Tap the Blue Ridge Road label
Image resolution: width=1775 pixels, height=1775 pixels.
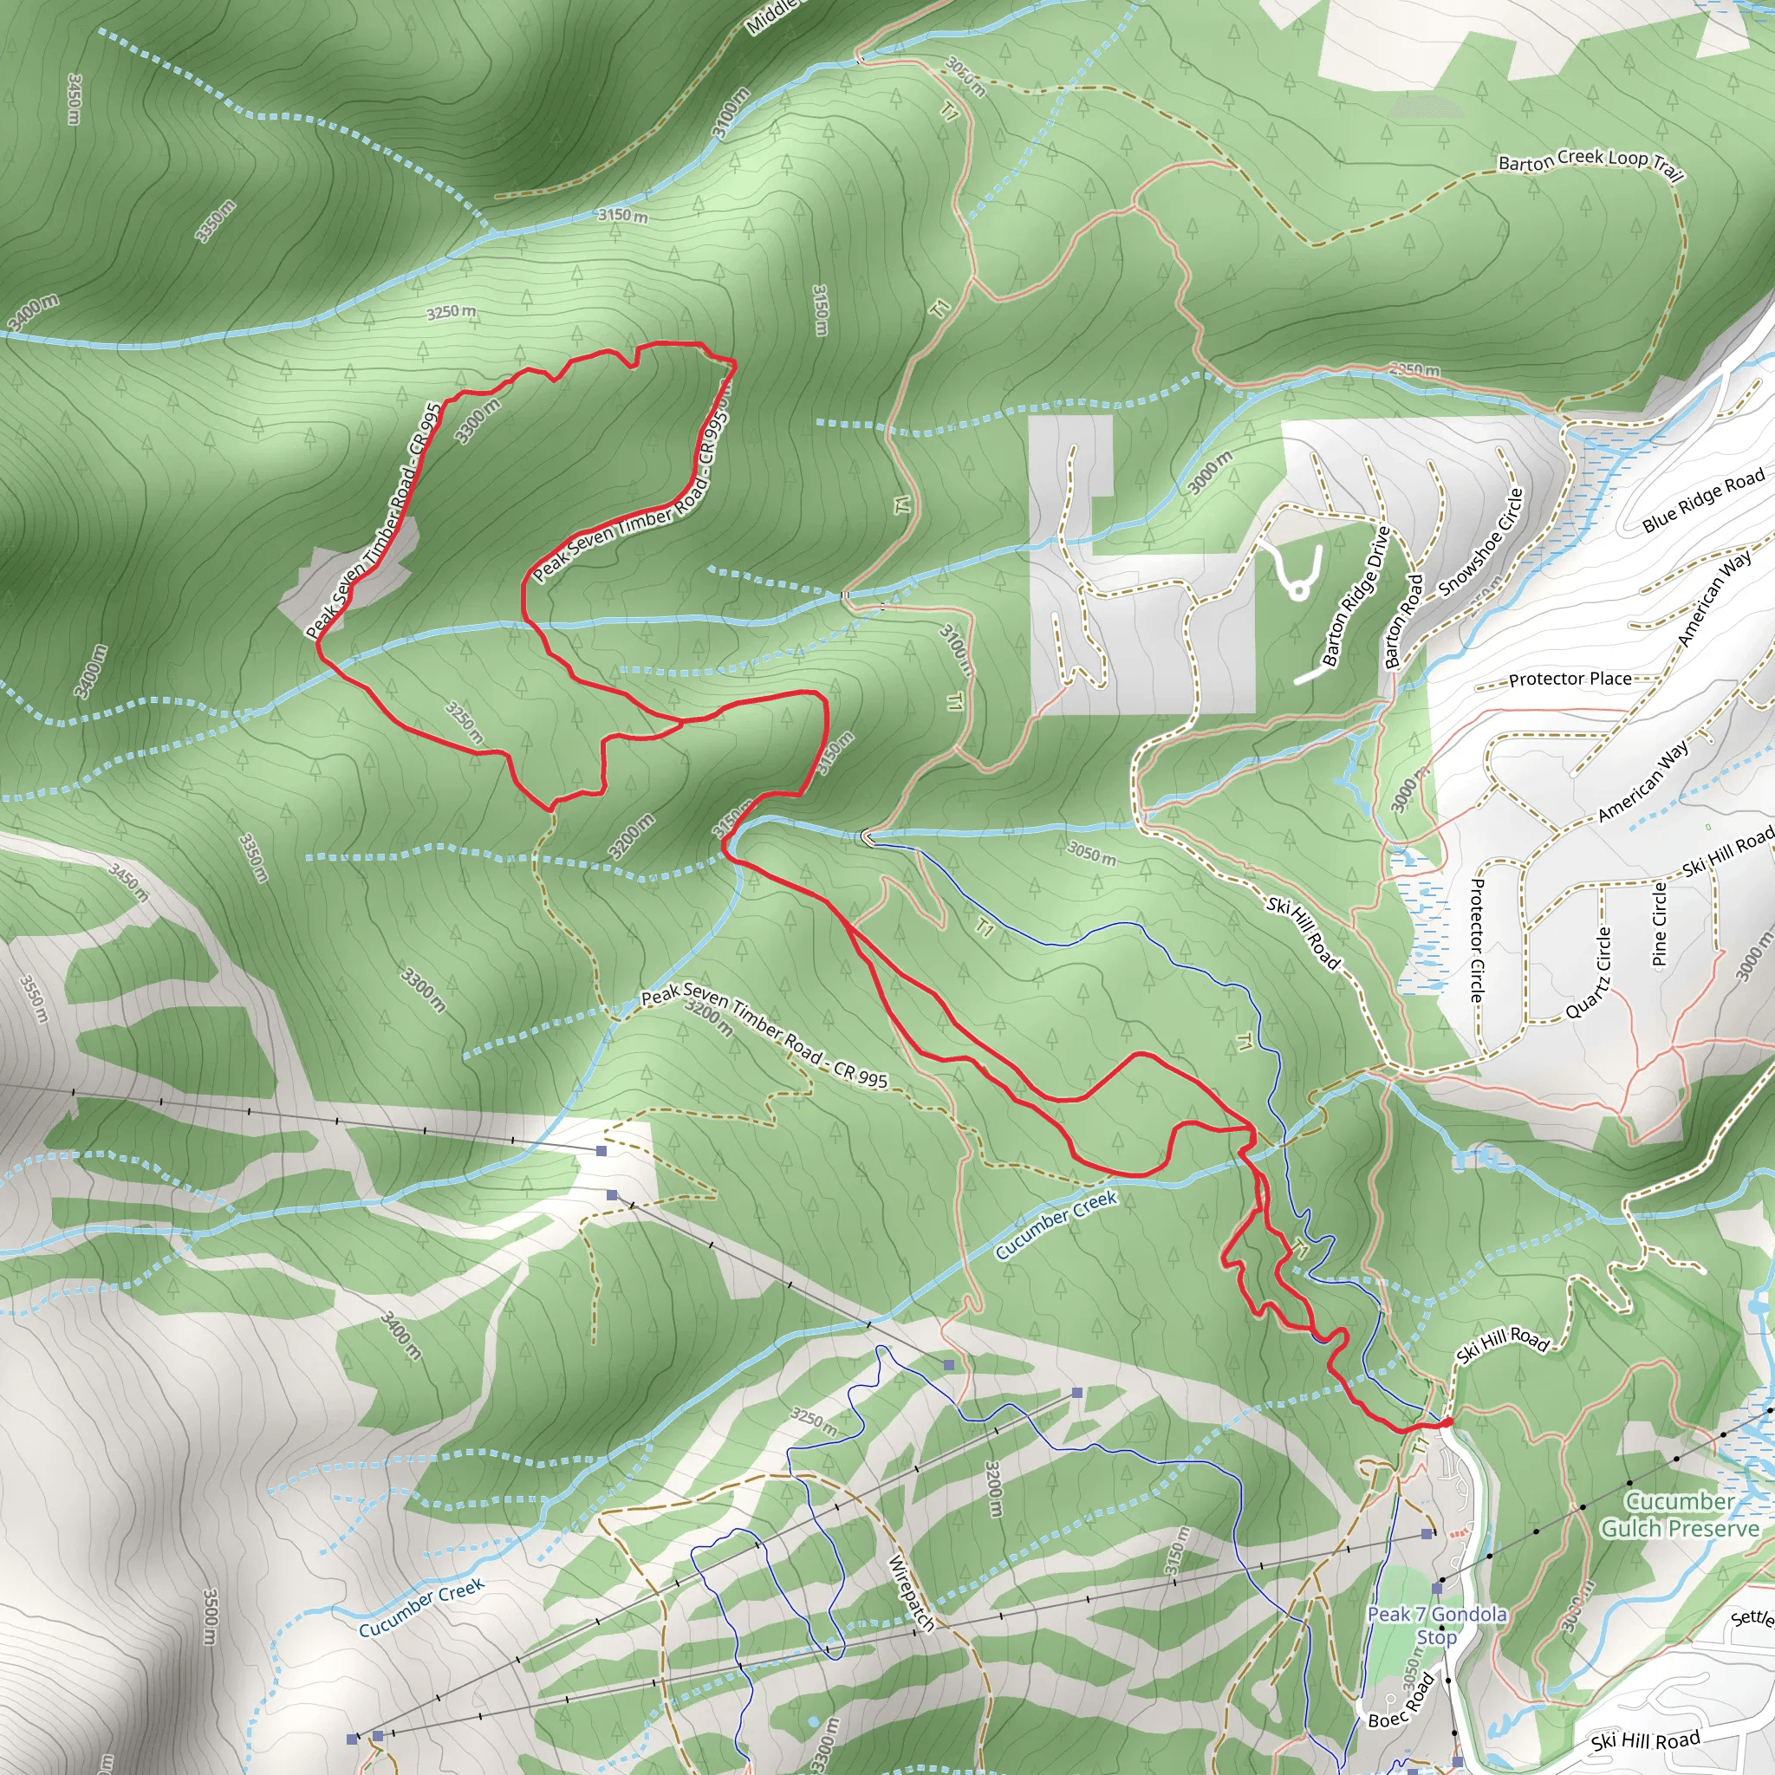1703,500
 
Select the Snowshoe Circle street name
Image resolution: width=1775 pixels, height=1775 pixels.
1481,542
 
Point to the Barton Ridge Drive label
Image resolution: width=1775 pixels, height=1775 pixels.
1356,595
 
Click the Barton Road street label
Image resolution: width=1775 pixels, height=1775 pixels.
1403,621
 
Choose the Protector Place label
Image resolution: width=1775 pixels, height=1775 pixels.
1570,679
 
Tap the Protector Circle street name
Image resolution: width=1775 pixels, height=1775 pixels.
1476,939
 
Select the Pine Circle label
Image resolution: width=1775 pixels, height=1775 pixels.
1659,924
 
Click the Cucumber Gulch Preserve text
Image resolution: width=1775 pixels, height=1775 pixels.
1680,1514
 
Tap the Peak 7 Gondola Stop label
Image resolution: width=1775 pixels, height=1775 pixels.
1437,1625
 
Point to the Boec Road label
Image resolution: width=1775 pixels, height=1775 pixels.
1401,1701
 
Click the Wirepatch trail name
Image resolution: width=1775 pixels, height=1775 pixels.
912,1593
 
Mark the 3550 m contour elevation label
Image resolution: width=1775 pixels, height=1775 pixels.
33,998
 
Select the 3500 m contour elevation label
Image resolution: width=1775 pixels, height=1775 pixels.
211,1616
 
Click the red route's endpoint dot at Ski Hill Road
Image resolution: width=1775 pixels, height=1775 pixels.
1448,1423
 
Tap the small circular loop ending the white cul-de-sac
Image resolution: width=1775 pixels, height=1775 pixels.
1298,591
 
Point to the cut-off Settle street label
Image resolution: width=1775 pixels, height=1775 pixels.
1754,1616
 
